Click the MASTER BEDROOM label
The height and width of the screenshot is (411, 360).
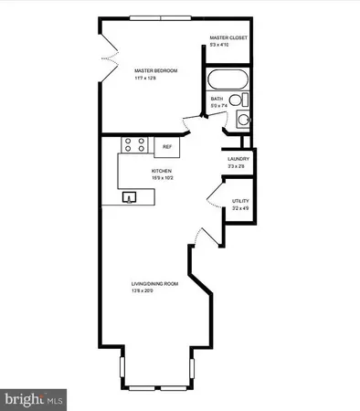tap(154, 70)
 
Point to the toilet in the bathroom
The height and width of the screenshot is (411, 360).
tap(235, 100)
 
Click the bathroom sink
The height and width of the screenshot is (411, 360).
tap(241, 119)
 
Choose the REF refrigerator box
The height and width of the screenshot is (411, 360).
tap(167, 146)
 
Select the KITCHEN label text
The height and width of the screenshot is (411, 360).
tap(162, 170)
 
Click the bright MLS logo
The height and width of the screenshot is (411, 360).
tap(35, 399)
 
